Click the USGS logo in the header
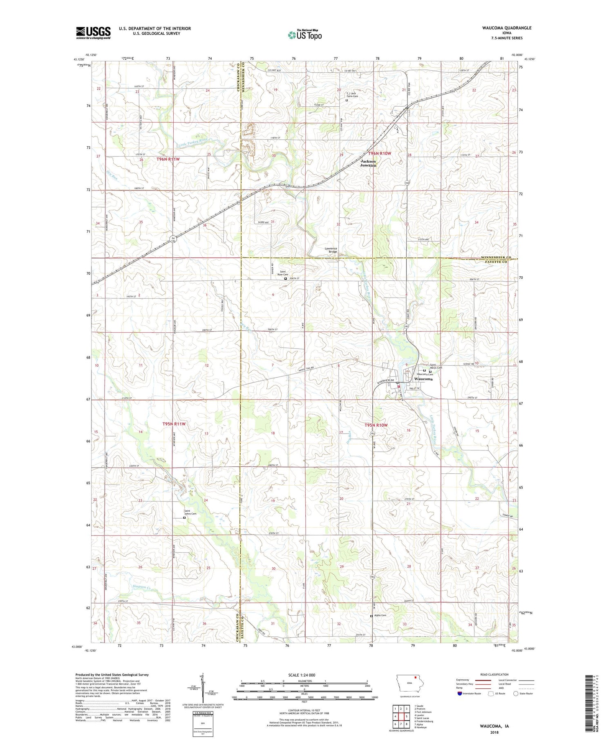[93, 33]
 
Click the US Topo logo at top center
[305, 35]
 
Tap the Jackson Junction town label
[368, 163]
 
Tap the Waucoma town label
[423, 379]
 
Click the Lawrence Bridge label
[331, 250]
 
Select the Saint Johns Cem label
[190, 512]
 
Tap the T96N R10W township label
[380, 153]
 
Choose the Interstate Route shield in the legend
[460, 694]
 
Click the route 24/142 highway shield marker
[173, 239]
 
